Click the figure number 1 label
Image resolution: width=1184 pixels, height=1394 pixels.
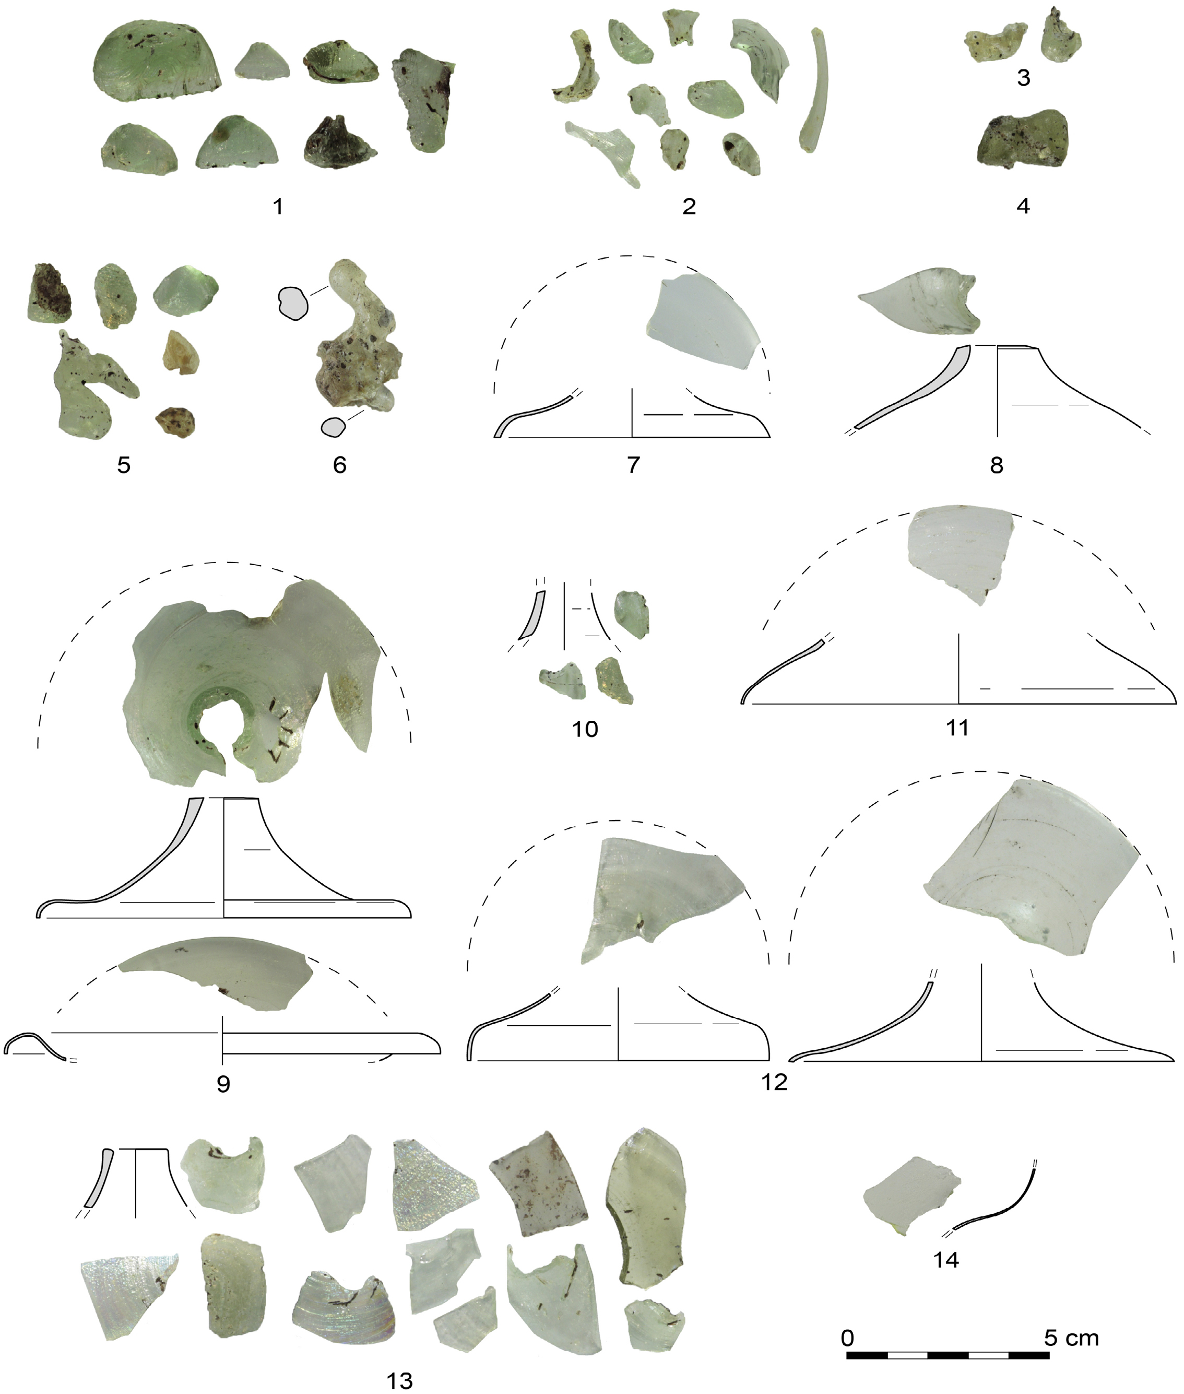point(278,206)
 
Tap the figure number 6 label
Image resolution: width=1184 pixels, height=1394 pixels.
point(340,465)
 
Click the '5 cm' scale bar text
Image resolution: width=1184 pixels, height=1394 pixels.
point(1071,1319)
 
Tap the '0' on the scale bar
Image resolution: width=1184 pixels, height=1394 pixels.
point(848,1319)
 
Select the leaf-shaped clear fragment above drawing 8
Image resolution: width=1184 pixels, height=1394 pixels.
point(919,303)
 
